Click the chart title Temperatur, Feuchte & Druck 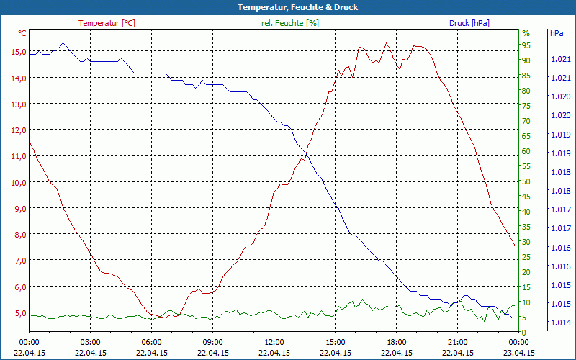click(x=288, y=7)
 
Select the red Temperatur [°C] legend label click(x=107, y=23)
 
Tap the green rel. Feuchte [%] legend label click(x=289, y=23)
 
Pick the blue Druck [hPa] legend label click(x=469, y=23)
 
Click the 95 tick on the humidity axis click(x=526, y=45)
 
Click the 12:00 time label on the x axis click(x=274, y=342)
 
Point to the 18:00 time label click(x=397, y=342)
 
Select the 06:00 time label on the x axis click(x=152, y=342)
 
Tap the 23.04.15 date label click(x=519, y=353)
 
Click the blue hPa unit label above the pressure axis click(x=557, y=33)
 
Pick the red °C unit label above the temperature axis click(x=22, y=33)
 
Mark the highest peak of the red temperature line click(x=387, y=42)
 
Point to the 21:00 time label click(x=458, y=342)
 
